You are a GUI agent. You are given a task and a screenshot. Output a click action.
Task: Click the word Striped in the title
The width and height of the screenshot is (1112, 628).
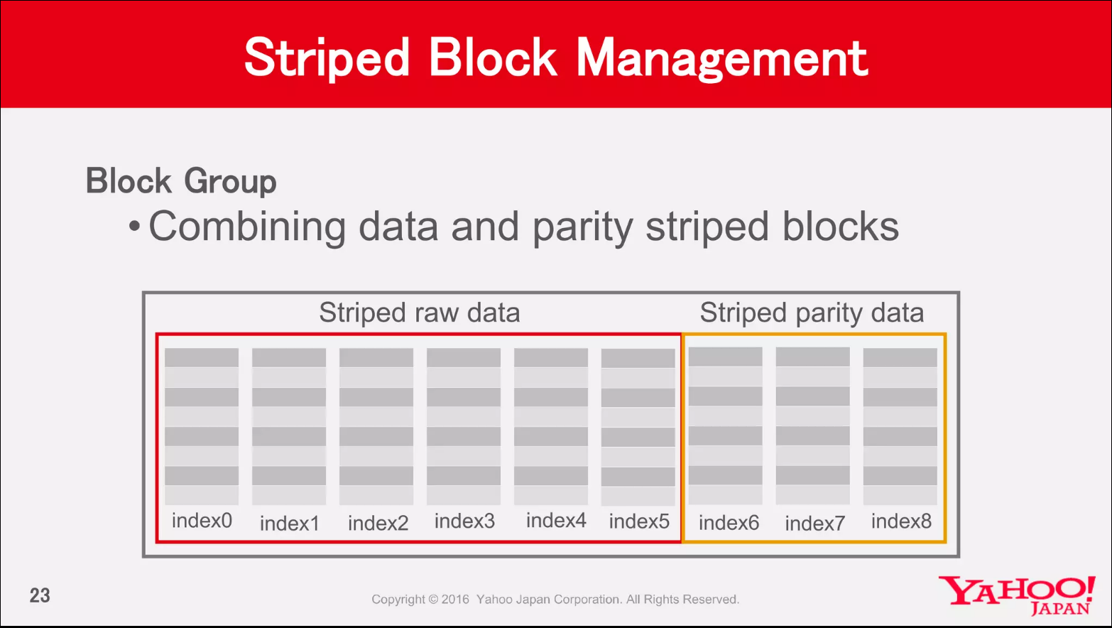pyautogui.click(x=327, y=59)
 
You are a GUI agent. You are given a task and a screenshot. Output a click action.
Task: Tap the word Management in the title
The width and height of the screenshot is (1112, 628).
pyautogui.click(x=722, y=59)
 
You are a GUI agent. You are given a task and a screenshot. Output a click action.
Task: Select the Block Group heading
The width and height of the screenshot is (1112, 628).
pyautogui.click(x=181, y=181)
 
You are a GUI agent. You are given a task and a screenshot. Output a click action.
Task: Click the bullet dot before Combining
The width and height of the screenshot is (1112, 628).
pyautogui.click(x=134, y=227)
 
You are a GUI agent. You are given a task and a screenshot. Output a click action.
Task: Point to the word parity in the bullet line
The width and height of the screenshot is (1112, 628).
pyautogui.click(x=583, y=227)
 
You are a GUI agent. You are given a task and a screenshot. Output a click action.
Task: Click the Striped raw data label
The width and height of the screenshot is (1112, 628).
pyautogui.click(x=420, y=313)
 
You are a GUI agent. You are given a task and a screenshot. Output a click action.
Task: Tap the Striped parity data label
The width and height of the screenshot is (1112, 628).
pyautogui.click(x=812, y=313)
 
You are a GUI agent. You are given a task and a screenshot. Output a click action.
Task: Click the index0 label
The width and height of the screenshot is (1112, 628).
pyautogui.click(x=202, y=521)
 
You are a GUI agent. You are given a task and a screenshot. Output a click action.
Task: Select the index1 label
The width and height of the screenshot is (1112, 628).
pyautogui.click(x=290, y=523)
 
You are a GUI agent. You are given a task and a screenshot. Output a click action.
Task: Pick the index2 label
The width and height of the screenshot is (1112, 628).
pyautogui.click(x=378, y=523)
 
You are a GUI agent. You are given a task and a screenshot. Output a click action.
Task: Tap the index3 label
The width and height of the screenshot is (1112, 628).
pyautogui.click(x=464, y=521)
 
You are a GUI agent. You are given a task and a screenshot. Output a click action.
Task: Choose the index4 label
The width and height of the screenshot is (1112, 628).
pyautogui.click(x=556, y=521)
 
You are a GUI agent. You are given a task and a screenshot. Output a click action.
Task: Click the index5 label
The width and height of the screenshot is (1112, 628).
pyautogui.click(x=639, y=521)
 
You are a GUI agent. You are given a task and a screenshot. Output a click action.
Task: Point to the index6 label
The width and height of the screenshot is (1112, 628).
pyautogui.click(x=729, y=523)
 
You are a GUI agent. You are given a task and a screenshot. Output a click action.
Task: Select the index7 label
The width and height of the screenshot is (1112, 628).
pyautogui.click(x=815, y=523)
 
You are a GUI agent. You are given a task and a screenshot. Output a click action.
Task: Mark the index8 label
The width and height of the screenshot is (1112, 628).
pyautogui.click(x=902, y=521)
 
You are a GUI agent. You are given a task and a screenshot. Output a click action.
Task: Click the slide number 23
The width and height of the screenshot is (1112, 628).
pyautogui.click(x=40, y=595)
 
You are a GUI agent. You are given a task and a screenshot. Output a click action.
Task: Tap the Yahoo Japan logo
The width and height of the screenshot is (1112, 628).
pyautogui.click(x=1017, y=595)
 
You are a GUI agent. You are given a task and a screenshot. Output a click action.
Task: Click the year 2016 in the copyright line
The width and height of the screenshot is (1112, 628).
pyautogui.click(x=455, y=599)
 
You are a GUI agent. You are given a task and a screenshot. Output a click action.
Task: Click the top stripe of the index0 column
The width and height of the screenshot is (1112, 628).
pyautogui.click(x=202, y=358)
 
